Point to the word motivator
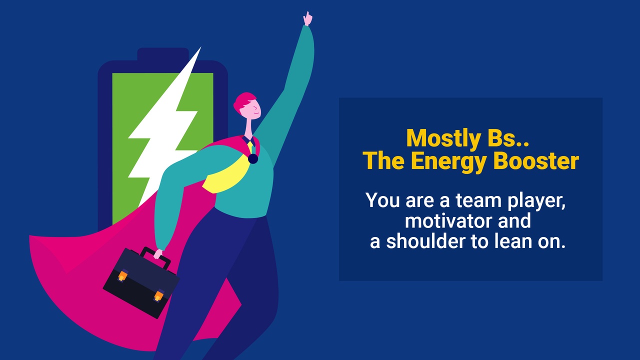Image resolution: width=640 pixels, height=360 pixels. [448, 221]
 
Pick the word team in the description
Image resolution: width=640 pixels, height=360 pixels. [478, 200]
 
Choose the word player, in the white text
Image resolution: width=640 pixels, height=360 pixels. [536, 201]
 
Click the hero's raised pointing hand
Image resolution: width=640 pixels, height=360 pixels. [307, 19]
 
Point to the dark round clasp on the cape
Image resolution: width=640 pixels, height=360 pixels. [253, 159]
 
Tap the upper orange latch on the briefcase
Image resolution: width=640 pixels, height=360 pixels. [122, 275]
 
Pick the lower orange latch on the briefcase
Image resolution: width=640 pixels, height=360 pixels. [158, 295]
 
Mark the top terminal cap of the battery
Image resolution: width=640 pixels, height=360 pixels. [163, 54]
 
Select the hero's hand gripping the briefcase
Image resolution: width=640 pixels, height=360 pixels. [158, 253]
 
